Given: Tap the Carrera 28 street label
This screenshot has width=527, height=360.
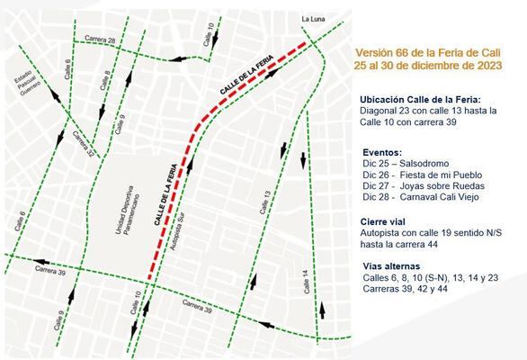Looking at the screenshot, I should pos(100,40).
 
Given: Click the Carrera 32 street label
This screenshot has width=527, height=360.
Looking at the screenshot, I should pos(83,144).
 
